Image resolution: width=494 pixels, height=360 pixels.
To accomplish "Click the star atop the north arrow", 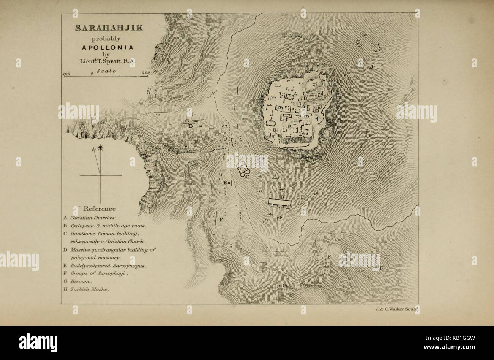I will [x=101, y=147].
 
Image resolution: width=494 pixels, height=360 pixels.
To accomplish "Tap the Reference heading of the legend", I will [x=99, y=208].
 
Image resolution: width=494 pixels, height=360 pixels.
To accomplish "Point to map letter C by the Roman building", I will [x=247, y=176].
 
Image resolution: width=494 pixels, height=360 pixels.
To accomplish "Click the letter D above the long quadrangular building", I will [x=282, y=197].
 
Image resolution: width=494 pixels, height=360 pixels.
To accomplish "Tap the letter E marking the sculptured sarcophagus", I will [x=225, y=183].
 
